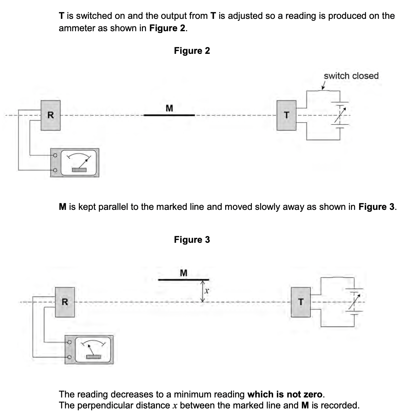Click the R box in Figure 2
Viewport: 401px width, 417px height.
pos(50,115)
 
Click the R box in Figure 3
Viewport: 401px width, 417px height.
pos(65,302)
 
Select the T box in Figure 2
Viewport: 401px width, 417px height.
pos(287,115)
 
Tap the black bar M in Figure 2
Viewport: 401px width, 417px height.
pos(169,115)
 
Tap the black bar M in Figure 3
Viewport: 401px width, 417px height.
pos(183,280)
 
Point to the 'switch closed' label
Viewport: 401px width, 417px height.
pos(351,76)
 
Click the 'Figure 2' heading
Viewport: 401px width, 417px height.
pos(192,51)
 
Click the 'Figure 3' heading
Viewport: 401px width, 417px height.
pos(192,239)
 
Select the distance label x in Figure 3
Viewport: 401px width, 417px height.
pos(207,291)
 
